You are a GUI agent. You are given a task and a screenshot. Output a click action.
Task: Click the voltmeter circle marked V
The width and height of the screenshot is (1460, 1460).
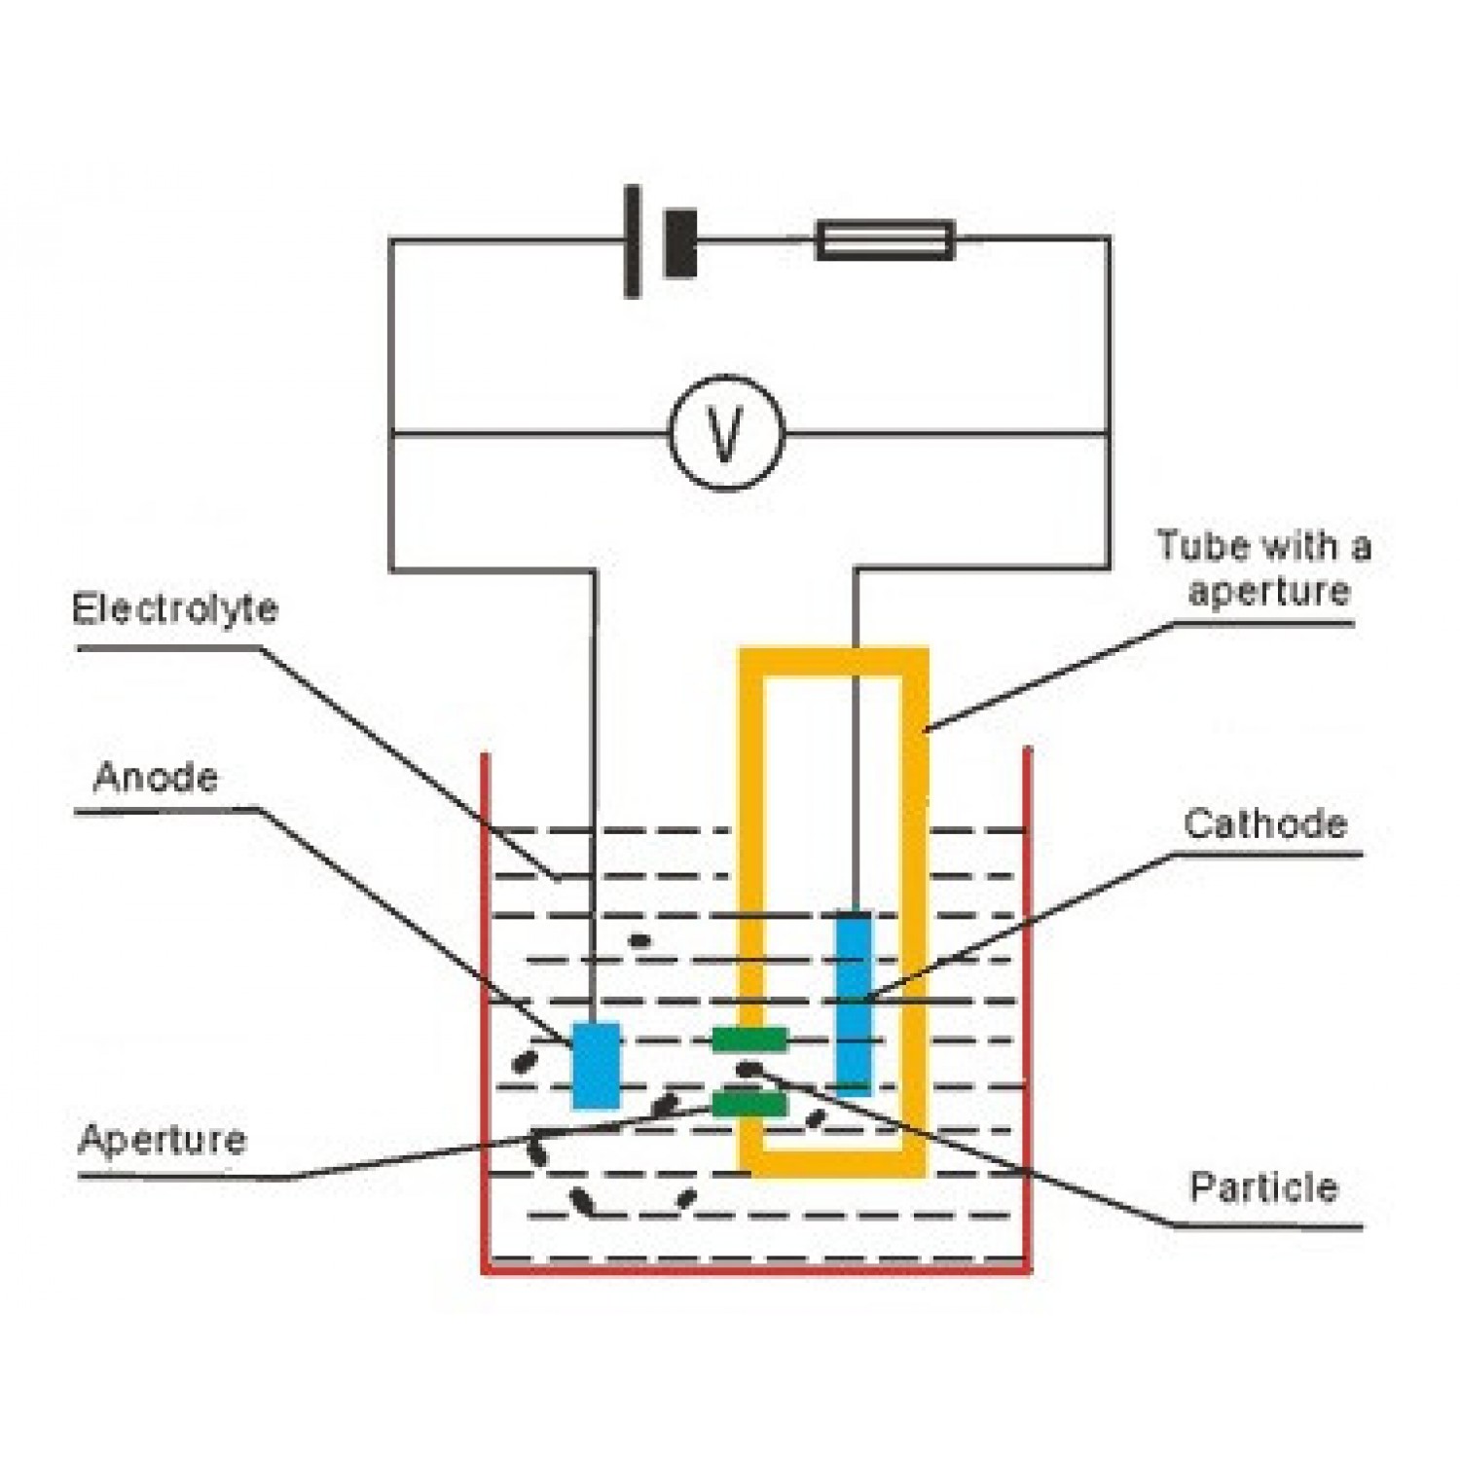pos(725,432)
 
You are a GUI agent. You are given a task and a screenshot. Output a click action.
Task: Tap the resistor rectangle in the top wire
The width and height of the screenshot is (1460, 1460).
pos(884,239)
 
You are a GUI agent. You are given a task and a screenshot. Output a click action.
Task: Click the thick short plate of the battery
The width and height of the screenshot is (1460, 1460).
pos(680,243)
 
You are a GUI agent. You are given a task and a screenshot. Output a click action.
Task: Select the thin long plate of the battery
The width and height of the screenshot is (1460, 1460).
pos(633,240)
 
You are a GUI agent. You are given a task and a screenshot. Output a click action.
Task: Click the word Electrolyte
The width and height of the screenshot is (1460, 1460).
pos(175,609)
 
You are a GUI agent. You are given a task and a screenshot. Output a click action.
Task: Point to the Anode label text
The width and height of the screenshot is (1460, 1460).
pos(156,778)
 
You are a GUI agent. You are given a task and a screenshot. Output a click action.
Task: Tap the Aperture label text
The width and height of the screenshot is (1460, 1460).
pos(163,1140)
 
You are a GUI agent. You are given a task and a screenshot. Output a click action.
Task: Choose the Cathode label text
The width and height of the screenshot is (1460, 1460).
pos(1265,824)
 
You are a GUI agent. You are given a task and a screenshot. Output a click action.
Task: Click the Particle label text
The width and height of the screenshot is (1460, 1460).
pos(1263,1187)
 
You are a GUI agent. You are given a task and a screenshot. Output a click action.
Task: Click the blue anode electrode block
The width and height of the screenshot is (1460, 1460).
pos(596,1065)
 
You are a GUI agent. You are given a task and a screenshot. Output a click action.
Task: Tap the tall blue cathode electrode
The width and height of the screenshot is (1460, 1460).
pos(854,1003)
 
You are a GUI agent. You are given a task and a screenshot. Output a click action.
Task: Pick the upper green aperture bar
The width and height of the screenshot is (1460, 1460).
pos(748,1040)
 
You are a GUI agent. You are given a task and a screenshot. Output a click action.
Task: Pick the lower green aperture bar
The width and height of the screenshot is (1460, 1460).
pos(748,1104)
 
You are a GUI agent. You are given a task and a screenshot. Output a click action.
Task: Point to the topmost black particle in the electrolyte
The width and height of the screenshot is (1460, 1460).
pos(639,940)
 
